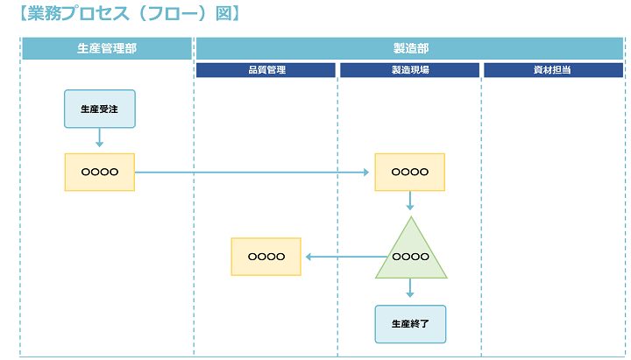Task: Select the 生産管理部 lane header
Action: pyautogui.click(x=106, y=48)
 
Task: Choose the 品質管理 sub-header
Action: pyautogui.click(x=266, y=70)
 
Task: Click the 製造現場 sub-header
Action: pyautogui.click(x=409, y=70)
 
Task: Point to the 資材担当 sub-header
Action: pyautogui.click(x=552, y=70)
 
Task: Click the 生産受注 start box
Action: pyautogui.click(x=99, y=109)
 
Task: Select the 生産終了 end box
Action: pyautogui.click(x=409, y=323)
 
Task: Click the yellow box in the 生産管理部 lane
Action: pyautogui.click(x=99, y=172)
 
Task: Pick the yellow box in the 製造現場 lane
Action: pyautogui.click(x=409, y=172)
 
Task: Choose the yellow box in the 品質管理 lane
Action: pyautogui.click(x=266, y=257)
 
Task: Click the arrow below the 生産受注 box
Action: pyautogui.click(x=99, y=138)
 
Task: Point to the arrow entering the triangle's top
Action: pyautogui.click(x=409, y=201)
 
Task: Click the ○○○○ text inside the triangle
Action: pyautogui.click(x=410, y=257)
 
